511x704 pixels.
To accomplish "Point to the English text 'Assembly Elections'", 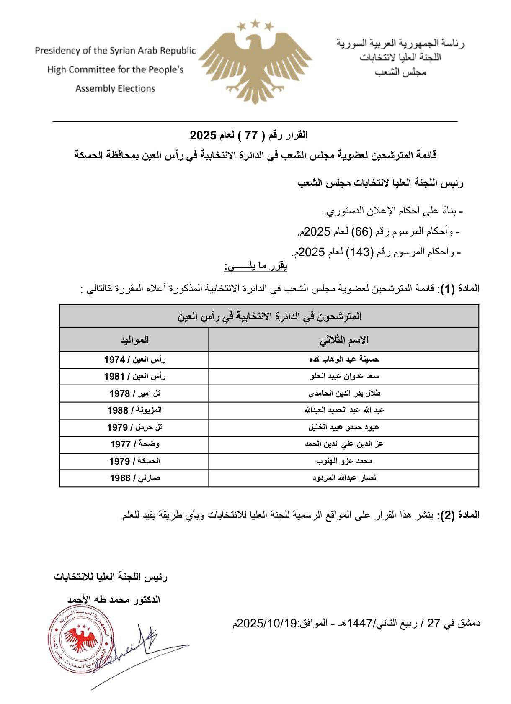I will [x=115, y=88].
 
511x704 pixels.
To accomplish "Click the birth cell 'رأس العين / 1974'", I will [x=134, y=360].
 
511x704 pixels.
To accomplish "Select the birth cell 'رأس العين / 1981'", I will [x=134, y=376].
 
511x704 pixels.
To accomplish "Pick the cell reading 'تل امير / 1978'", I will [x=134, y=393].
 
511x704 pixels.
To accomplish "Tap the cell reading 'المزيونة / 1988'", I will [x=134, y=410].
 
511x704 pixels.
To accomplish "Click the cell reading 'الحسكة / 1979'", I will [x=134, y=461].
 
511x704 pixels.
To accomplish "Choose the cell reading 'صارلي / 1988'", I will [x=134, y=478].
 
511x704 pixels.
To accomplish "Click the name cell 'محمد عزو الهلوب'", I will [x=344, y=461].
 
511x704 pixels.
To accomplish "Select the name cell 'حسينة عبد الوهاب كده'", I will [x=344, y=360].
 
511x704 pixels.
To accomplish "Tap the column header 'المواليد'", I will [x=134, y=339].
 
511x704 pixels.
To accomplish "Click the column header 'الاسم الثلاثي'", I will [x=344, y=339].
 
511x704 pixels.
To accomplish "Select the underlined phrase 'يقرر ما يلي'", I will [x=255, y=267].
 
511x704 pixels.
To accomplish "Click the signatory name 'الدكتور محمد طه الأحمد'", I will [x=114, y=600].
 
